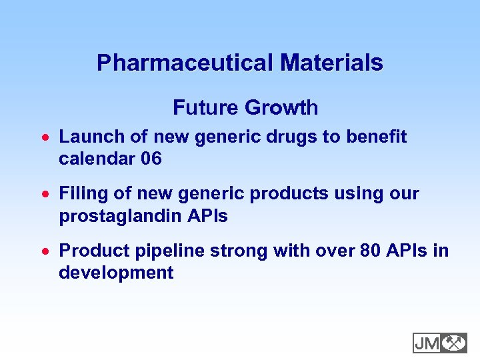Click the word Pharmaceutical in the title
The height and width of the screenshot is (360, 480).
[185, 63]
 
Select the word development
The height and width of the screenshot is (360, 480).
[116, 273]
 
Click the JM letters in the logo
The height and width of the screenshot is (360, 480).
[427, 343]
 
